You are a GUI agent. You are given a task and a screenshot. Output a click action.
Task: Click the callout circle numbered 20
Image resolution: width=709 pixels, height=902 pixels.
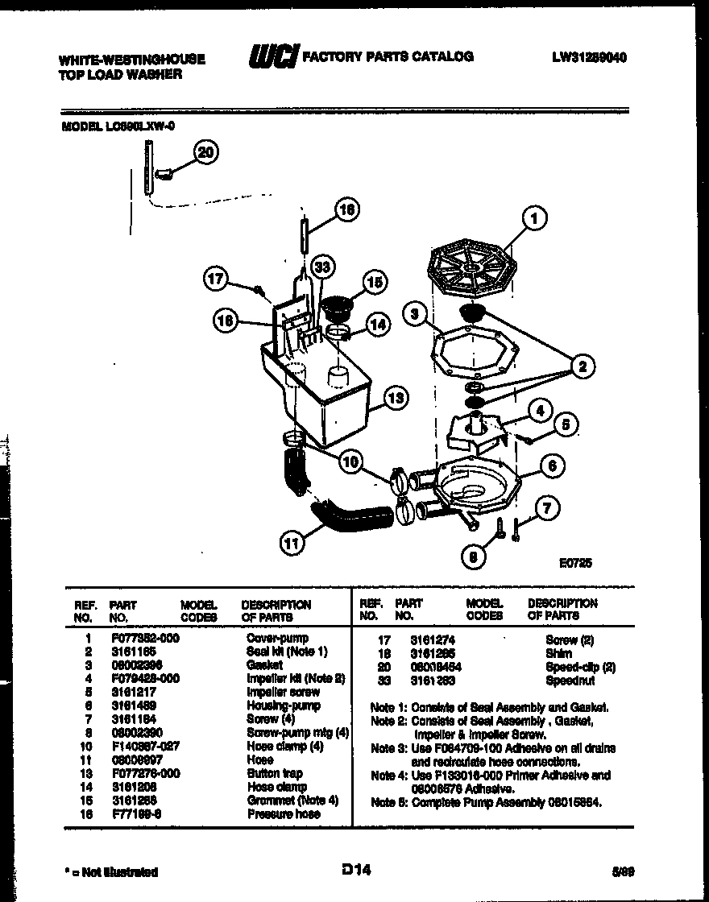(206, 152)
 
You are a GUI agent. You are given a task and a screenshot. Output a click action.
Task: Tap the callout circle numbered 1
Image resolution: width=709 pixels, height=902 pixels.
(533, 217)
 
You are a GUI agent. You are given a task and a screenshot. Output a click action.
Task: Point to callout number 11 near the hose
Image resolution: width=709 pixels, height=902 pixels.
(292, 544)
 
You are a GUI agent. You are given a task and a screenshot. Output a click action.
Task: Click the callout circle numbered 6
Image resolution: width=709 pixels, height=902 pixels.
(551, 465)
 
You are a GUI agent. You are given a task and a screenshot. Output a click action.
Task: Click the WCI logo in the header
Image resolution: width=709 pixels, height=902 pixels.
(272, 57)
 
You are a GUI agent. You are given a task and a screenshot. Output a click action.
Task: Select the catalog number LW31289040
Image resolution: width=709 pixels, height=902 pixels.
(590, 57)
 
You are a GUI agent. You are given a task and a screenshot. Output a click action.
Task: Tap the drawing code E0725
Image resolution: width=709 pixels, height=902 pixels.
(575, 565)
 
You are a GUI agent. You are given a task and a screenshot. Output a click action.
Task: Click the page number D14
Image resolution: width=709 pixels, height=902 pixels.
(354, 869)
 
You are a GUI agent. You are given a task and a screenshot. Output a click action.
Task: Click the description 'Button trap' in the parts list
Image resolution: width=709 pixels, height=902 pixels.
(276, 773)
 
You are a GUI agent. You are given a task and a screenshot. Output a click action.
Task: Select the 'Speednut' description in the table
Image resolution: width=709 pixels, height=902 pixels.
(570, 681)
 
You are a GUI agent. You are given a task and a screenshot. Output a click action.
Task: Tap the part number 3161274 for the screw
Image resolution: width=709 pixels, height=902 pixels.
(417, 639)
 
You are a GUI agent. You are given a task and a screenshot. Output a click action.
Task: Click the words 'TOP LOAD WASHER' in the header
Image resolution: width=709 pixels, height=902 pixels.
(120, 74)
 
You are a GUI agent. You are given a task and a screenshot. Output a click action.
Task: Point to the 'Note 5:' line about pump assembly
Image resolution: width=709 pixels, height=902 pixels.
(490, 802)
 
